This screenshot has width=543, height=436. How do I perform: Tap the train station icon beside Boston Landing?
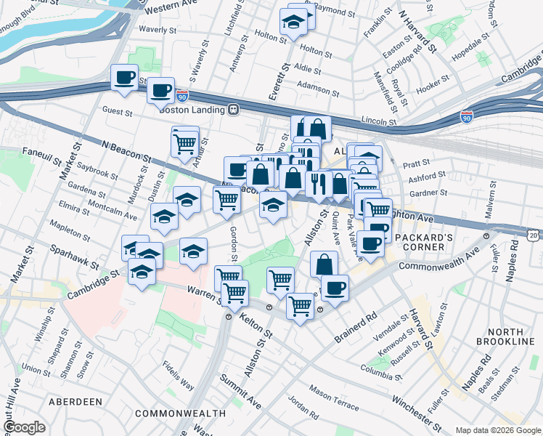pos(234,110)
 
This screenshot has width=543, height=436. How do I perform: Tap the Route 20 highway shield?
pos(534,235)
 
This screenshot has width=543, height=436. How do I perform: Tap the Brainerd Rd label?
pos(358,328)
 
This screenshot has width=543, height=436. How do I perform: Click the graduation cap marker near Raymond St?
pos(294,24)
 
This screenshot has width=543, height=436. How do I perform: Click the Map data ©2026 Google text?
pos(497,430)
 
